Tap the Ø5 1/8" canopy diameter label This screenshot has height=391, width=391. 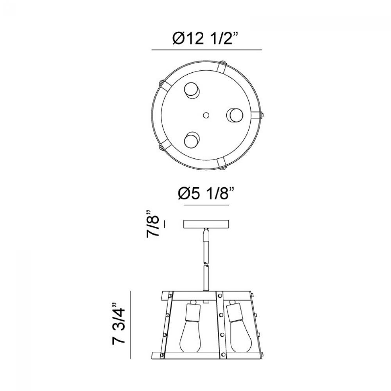[x=206, y=193]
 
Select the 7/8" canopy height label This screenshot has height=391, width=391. [x=152, y=224]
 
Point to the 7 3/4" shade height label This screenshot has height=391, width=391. [x=118, y=324]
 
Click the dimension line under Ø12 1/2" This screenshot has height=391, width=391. [x=207, y=50]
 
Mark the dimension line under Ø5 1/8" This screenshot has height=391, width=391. [x=206, y=205]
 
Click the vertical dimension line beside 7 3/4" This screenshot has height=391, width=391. [x=130, y=325]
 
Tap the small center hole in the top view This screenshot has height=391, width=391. [x=206, y=115]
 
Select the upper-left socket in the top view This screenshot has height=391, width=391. [x=192, y=91]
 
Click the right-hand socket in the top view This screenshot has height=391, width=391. [x=234, y=115]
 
